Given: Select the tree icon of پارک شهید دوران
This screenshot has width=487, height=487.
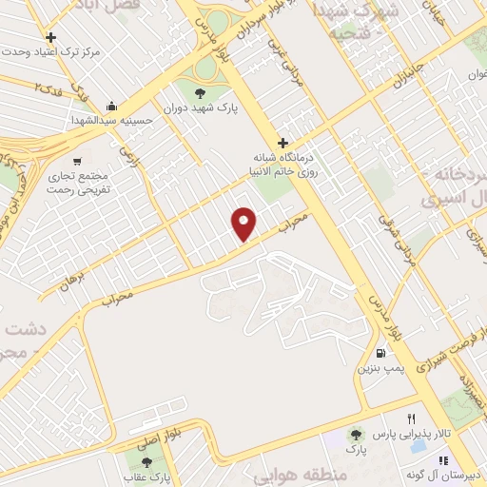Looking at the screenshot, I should [200, 92].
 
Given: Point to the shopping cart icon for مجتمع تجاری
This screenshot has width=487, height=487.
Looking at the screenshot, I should [77, 160].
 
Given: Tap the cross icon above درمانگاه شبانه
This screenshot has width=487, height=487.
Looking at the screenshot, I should [282, 142].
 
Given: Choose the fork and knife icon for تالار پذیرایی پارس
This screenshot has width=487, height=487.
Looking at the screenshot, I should [411, 419].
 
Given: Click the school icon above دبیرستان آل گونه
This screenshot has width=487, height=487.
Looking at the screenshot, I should [442, 460].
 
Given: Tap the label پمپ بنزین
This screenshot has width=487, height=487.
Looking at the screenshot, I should [376, 364].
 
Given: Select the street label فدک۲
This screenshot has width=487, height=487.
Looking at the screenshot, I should [49, 88].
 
